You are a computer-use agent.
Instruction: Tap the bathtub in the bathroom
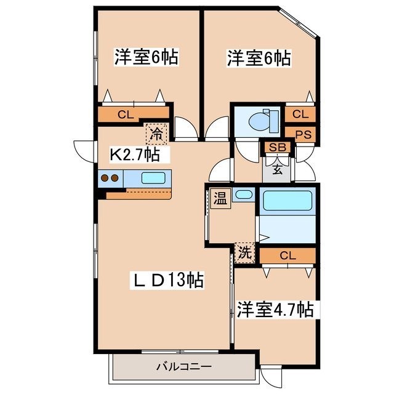point(287,200)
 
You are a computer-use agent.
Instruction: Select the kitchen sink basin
point(153,178)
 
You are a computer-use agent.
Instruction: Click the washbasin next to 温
point(244,195)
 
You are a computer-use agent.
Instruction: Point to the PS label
point(304,135)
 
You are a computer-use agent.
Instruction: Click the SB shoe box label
point(278,148)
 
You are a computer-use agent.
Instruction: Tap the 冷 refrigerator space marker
point(156,134)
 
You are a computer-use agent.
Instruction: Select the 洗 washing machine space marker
point(244,253)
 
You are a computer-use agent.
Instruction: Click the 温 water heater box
point(220,198)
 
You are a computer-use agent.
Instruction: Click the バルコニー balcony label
point(183,367)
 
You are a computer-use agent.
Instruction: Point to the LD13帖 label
point(167,280)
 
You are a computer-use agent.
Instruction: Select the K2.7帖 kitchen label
point(135,155)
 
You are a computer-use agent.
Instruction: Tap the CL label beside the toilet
point(300,115)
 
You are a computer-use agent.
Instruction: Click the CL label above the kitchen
point(126,115)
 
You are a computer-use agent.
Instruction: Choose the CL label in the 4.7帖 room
point(287,256)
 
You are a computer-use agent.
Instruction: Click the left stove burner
point(105,178)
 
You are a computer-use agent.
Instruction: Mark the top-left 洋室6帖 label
point(147,57)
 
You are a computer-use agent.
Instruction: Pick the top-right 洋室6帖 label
point(259,58)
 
